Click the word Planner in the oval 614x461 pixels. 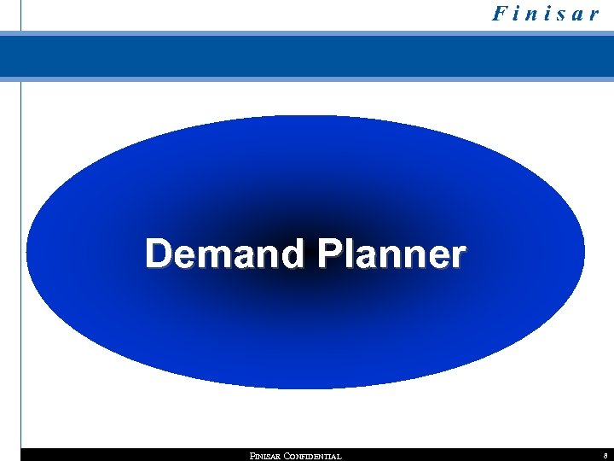pyautogui.click(x=391, y=254)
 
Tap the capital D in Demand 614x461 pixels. pyautogui.click(x=159, y=254)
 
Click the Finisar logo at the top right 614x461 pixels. pyautogui.click(x=546, y=15)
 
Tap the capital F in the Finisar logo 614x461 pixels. pyautogui.click(x=498, y=15)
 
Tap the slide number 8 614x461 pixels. pyautogui.click(x=604, y=456)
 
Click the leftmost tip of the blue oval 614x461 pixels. pyautogui.click(x=27, y=252)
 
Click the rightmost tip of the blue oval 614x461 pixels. pyautogui.click(x=584, y=252)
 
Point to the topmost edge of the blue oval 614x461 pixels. pyautogui.click(x=305, y=116)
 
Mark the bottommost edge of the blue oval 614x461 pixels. pyautogui.click(x=305, y=388)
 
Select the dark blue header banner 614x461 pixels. pyautogui.click(x=307, y=56)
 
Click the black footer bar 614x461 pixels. pyautogui.click(x=128, y=455)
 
